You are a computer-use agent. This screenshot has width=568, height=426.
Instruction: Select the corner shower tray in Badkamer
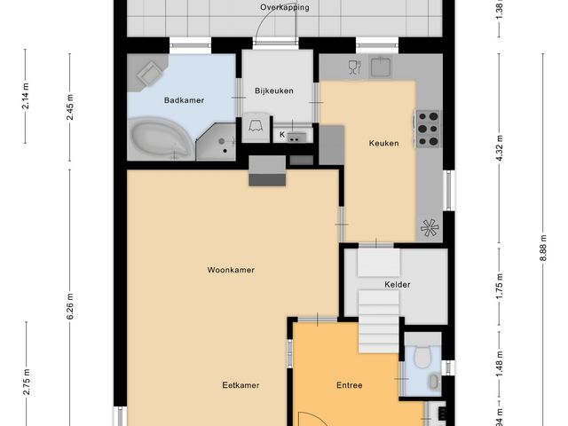[x=216, y=142]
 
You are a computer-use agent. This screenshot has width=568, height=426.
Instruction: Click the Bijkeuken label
[x=273, y=91]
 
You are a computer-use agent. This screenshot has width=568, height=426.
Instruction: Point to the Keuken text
[x=383, y=143]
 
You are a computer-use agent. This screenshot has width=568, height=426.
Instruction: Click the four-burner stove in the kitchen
[x=429, y=128]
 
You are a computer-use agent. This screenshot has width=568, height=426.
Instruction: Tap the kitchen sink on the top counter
[x=383, y=67]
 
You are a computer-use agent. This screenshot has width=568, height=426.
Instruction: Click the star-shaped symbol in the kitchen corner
[x=430, y=227]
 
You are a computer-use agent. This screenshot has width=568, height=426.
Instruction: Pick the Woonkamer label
[x=231, y=270]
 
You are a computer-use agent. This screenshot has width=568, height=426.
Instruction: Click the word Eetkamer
[x=241, y=385]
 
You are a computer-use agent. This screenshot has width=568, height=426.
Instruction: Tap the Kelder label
[x=397, y=285]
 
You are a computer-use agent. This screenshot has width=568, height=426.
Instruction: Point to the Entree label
[x=349, y=385]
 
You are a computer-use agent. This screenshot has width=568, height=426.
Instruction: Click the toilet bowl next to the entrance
[x=422, y=357]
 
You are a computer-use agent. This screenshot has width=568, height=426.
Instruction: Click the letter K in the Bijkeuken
[x=282, y=135]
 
